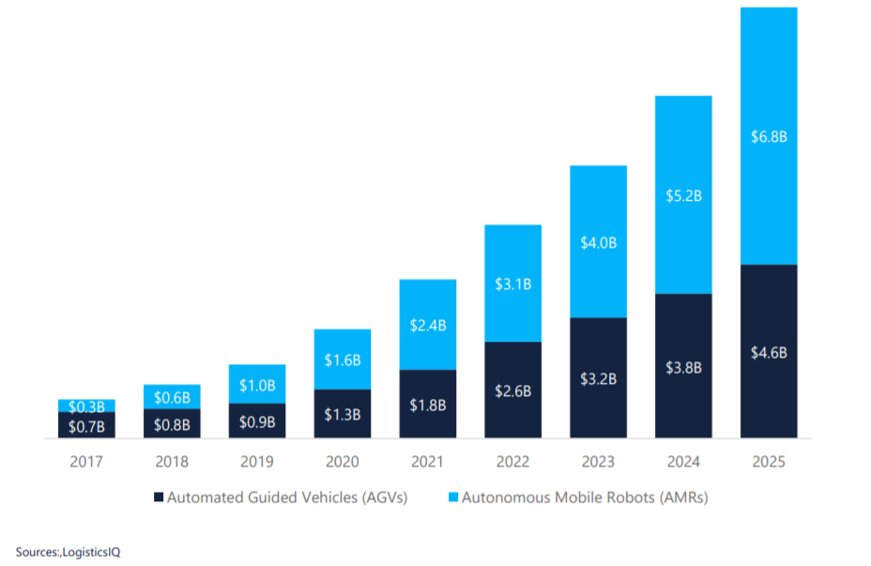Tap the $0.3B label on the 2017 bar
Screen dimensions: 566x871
pos(86,406)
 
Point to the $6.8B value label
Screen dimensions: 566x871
pos(769,137)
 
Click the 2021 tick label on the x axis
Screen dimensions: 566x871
pos(428,462)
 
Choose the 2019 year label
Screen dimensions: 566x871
pos(257,462)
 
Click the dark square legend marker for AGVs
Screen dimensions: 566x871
pos(159,497)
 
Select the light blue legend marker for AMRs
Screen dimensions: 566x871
pos(454,497)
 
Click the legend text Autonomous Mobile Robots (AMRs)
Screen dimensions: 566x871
pos(587,497)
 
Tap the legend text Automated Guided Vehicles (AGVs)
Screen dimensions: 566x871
pos(286,497)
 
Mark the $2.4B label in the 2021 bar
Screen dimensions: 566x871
pos(428,326)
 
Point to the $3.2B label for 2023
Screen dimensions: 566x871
pos(599,379)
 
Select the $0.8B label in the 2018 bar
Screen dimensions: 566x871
pos(172,424)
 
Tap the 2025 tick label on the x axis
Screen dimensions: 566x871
pos(769,462)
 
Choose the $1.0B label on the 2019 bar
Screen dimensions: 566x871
pos(257,385)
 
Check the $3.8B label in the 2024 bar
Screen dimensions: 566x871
pos(683,368)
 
